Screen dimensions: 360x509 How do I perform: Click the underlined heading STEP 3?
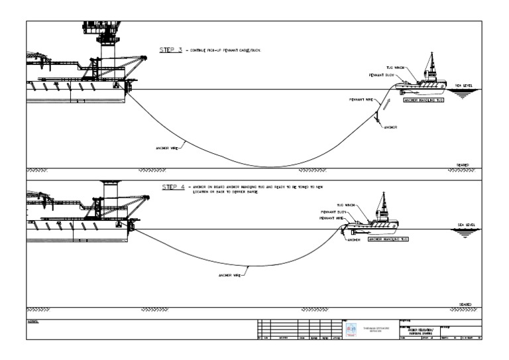(x=170, y=50)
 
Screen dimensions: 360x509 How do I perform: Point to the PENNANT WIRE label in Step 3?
(x=361, y=99)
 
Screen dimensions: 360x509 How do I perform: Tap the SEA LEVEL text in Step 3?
(x=464, y=86)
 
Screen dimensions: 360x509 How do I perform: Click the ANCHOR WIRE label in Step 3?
(x=166, y=147)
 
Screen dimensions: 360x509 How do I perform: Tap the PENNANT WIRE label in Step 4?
(x=331, y=217)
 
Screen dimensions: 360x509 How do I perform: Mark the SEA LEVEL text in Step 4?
(x=467, y=225)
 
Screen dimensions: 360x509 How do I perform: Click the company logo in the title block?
(x=351, y=328)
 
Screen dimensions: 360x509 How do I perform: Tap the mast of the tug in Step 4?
(x=382, y=202)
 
